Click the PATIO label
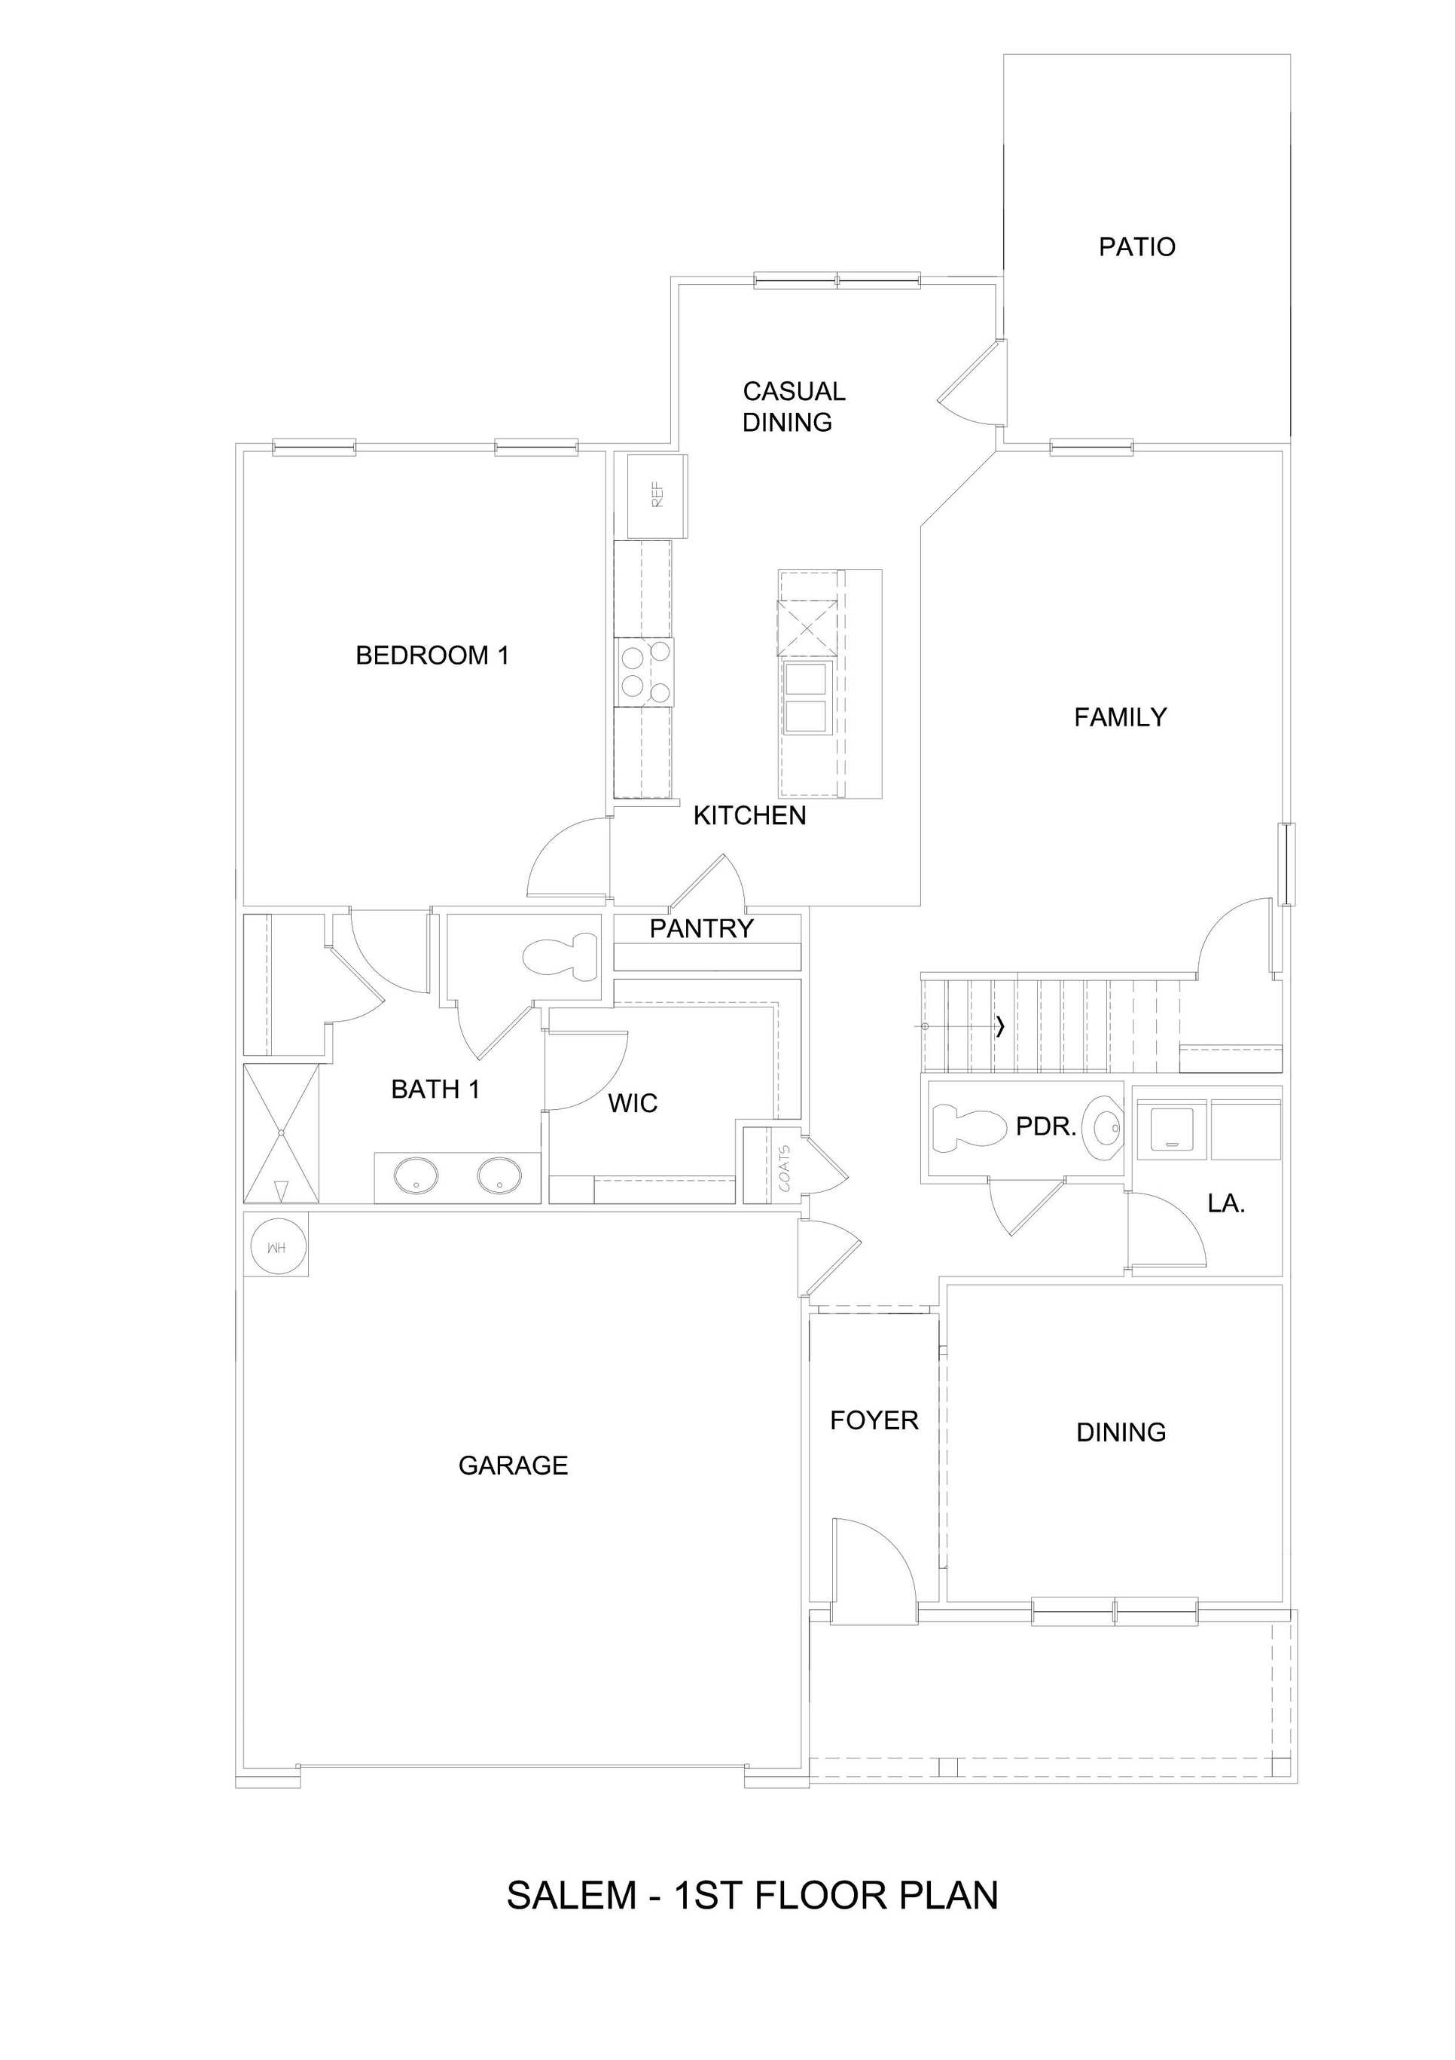tap(1136, 246)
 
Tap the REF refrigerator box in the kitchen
tap(657, 496)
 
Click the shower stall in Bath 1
tap(282, 1133)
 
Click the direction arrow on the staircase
tap(999, 1026)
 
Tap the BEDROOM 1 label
tap(432, 656)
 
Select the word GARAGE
tap(512, 1466)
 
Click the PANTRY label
tap(700, 928)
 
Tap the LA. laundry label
tap(1225, 1204)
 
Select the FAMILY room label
tap(1120, 718)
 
